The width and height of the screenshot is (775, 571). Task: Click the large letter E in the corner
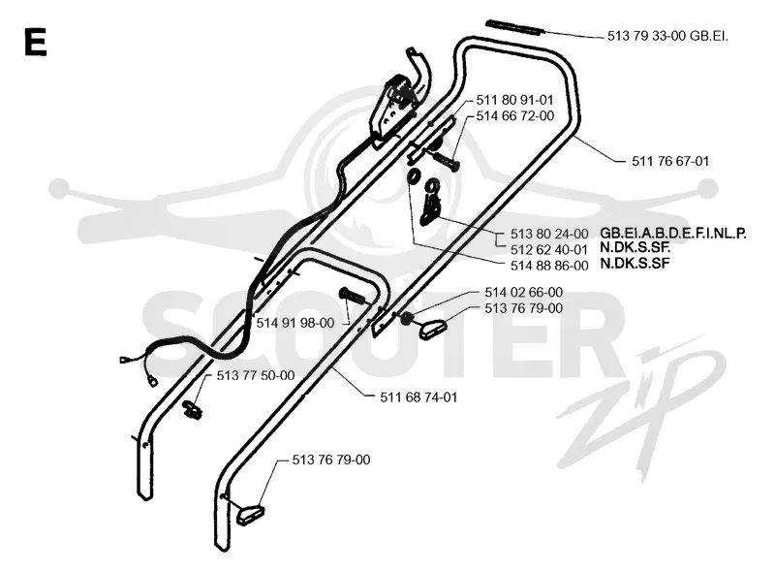[35, 42]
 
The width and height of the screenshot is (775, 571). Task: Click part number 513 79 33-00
[646, 36]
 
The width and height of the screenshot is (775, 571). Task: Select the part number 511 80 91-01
[515, 100]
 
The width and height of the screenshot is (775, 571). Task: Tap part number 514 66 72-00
[515, 115]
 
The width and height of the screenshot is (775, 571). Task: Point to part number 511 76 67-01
[670, 161]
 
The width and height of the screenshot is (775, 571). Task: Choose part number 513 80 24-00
[549, 234]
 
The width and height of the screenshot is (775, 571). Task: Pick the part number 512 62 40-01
[549, 249]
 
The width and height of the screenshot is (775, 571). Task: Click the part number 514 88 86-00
[549, 266]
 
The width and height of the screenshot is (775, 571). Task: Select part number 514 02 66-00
[523, 292]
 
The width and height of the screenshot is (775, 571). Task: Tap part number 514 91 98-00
[295, 323]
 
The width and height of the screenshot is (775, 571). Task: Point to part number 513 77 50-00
[256, 375]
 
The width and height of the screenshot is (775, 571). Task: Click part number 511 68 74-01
[418, 397]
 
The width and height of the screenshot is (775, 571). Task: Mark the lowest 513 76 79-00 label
[331, 460]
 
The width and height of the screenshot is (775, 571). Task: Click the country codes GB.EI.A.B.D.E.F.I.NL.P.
[673, 233]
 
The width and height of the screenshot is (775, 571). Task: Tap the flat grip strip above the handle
[515, 28]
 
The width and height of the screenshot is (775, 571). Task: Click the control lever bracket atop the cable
[395, 110]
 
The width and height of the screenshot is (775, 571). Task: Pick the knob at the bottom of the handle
[250, 514]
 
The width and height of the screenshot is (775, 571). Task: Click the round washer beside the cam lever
[414, 176]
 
